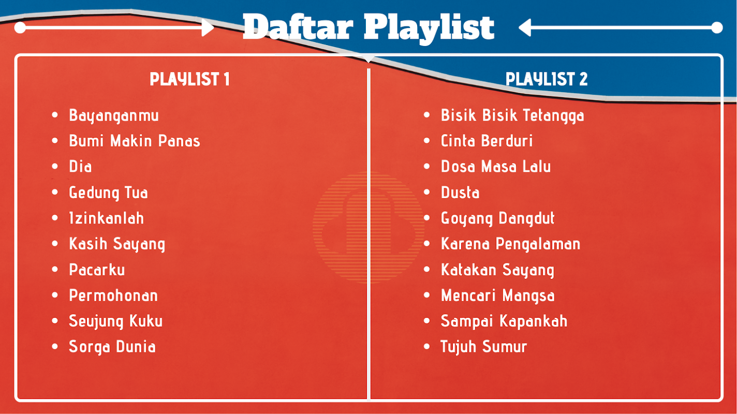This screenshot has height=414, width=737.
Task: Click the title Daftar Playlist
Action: pyautogui.click(x=368, y=28)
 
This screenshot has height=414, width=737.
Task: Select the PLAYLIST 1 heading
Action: pyautogui.click(x=189, y=79)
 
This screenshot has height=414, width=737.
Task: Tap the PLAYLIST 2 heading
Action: pyautogui.click(x=547, y=79)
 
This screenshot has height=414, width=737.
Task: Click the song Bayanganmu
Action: pyautogui.click(x=114, y=116)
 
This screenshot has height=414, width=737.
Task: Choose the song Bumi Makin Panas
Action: pyautogui.click(x=135, y=141)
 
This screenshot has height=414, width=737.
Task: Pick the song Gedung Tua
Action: pyautogui.click(x=109, y=193)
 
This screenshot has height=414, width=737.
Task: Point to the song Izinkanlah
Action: pyautogui.click(x=107, y=218)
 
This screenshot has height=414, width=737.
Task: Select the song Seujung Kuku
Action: pyautogui.click(x=116, y=321)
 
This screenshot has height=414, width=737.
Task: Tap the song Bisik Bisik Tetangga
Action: pyautogui.click(x=512, y=116)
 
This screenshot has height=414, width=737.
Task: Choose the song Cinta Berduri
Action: pyautogui.click(x=487, y=141)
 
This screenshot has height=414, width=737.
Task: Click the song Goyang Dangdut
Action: pyautogui.click(x=498, y=219)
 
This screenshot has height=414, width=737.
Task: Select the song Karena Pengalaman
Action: pyautogui.click(x=511, y=244)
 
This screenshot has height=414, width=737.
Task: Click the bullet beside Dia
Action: pyautogui.click(x=55, y=166)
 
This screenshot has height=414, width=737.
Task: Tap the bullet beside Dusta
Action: pyautogui.click(x=427, y=192)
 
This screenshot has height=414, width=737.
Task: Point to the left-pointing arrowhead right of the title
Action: pyautogui.click(x=525, y=27)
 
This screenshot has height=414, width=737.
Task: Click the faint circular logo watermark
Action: pyautogui.click(x=368, y=227)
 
